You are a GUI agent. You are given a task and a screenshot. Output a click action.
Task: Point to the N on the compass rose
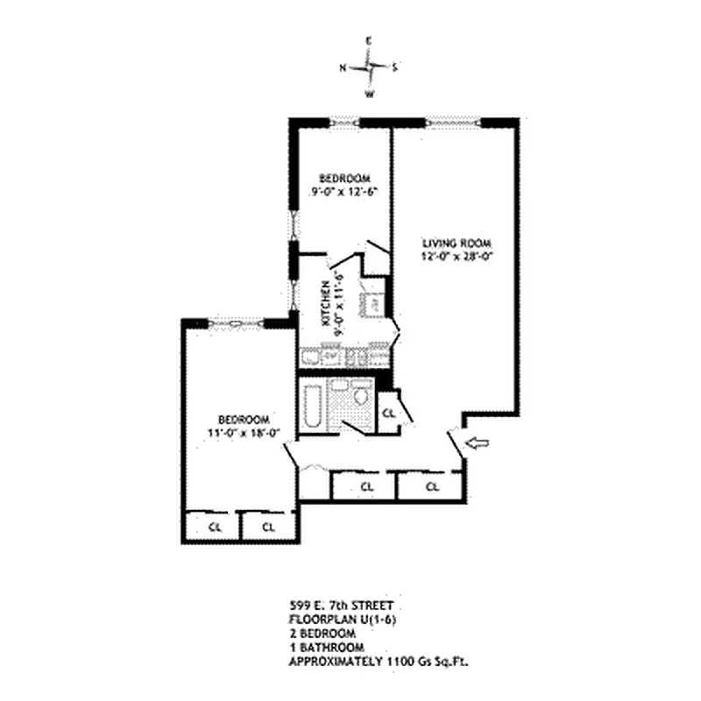(343, 67)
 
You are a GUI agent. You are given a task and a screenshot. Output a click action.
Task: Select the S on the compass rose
(395, 67)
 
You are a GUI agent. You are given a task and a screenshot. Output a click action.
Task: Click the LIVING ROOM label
(457, 243)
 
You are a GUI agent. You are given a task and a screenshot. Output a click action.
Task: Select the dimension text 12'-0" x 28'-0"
(457, 257)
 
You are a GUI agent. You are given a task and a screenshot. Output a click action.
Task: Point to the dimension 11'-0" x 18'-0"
(237, 432)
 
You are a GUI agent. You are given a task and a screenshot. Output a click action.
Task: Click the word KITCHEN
(325, 303)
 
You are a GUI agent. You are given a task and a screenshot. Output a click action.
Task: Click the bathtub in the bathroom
(311, 406)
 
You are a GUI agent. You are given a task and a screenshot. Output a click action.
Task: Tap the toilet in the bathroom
(359, 397)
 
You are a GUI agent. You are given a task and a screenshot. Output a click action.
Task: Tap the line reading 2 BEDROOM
(322, 633)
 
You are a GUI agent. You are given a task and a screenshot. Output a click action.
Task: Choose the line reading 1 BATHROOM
(324, 647)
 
